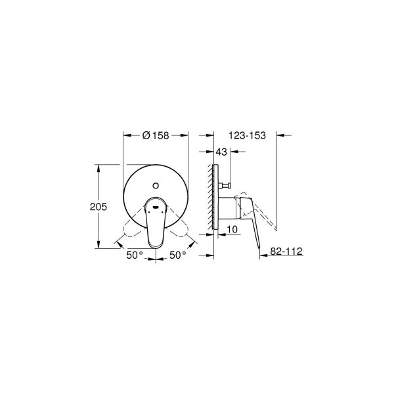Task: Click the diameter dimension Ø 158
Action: coord(156,135)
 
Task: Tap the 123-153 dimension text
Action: coord(248,135)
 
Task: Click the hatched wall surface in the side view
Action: coord(211,197)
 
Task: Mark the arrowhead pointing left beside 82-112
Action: coord(263,257)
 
